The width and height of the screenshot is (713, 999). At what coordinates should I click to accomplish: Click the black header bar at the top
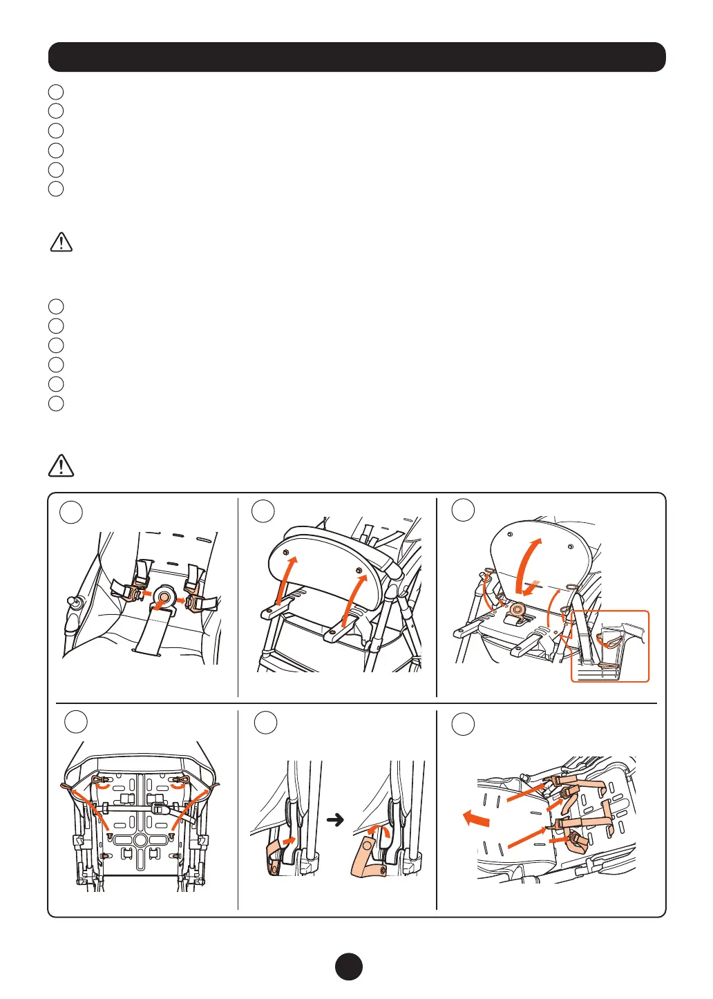356,57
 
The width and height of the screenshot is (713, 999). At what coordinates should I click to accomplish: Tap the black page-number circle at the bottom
349,966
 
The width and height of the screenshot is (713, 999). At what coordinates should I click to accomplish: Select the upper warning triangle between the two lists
61,242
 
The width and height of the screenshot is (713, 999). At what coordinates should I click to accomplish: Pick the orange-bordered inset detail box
609,646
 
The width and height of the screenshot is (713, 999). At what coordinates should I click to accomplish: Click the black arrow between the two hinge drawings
335,820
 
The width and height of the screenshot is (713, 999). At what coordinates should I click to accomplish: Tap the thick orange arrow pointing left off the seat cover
476,820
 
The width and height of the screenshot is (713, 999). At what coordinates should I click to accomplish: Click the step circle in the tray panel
263,511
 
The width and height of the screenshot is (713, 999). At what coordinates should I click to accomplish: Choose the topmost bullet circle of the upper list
56,91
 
